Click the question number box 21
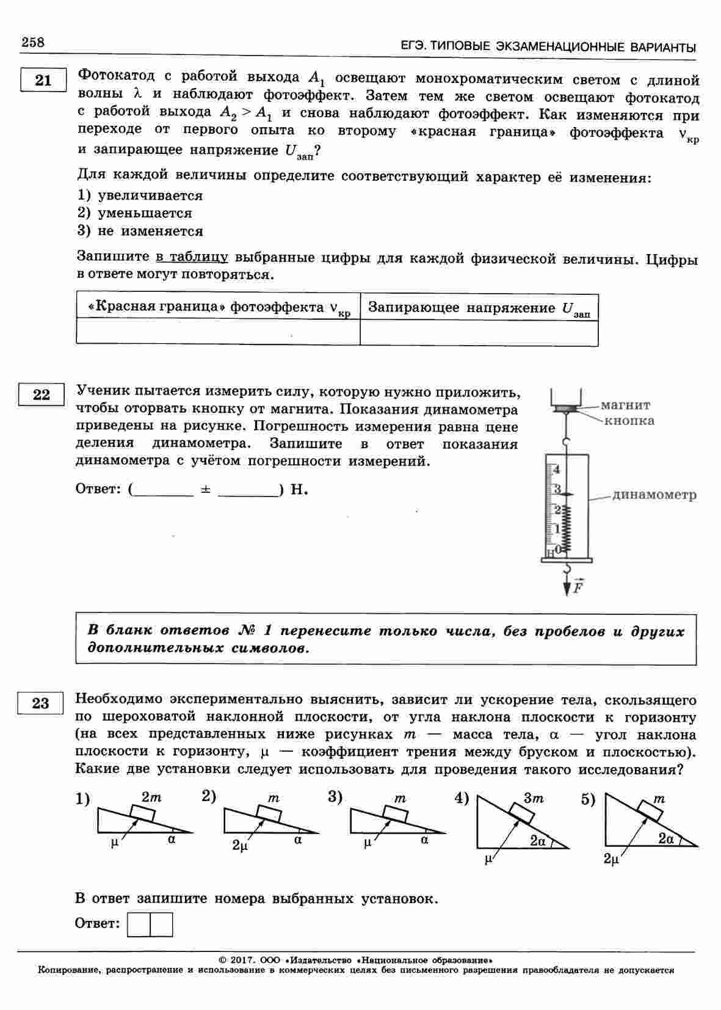pos(43,80)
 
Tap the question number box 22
pos(42,394)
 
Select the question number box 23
pos(40,703)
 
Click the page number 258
pos(33,42)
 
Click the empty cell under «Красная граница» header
pos(218,332)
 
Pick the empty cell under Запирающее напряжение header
pos(479,332)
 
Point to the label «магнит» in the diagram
pos(625,405)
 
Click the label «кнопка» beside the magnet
pos(629,421)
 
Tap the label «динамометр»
pos(654,495)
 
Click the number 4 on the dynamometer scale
pos(556,470)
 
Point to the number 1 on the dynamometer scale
pos(556,528)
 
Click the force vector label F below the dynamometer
pos(578,587)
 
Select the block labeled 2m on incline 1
pos(142,813)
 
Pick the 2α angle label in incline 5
pos(665,838)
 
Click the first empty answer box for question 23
pos(139,924)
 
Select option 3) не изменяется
pos(140,231)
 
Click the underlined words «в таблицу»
pos(192,257)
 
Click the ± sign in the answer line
pos(205,490)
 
